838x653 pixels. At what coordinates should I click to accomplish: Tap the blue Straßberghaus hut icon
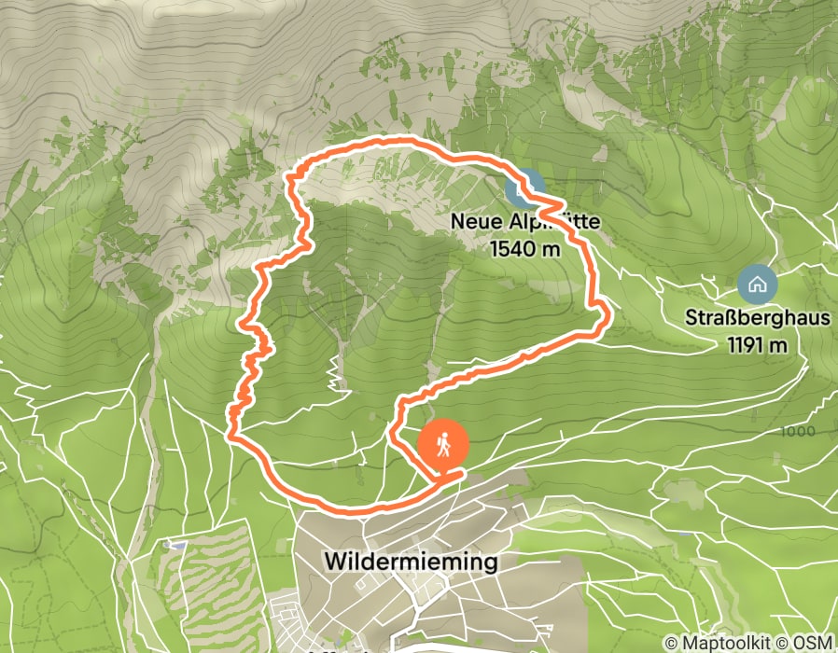(756, 284)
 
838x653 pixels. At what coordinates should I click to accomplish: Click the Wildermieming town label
(412, 562)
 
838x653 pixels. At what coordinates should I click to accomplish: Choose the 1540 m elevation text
(527, 248)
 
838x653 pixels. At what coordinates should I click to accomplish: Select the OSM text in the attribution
(814, 644)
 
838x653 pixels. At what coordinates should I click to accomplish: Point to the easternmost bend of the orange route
(609, 318)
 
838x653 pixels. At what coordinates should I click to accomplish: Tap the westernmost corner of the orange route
(229, 431)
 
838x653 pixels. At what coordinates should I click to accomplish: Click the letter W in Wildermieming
(334, 562)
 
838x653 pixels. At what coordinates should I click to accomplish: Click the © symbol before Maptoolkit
(671, 644)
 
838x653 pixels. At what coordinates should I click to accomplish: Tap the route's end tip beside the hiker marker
(460, 475)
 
